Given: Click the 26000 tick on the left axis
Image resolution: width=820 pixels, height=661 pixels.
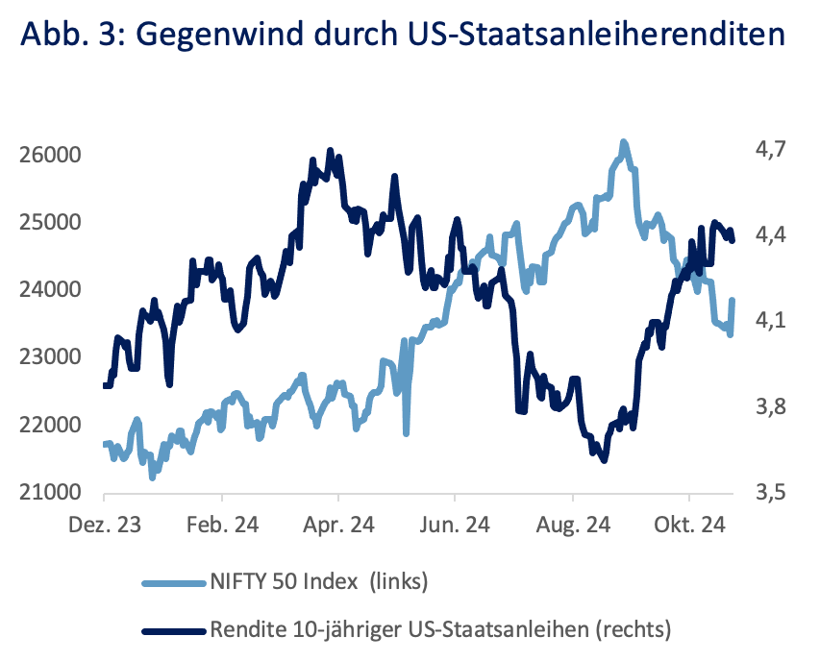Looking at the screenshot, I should (x=50, y=155).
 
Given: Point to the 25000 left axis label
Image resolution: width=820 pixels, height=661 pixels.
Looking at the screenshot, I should (x=50, y=222).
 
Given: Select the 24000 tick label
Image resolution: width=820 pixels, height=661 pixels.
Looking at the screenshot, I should (x=50, y=289).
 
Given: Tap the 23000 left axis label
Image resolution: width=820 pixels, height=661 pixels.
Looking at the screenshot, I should (x=50, y=357).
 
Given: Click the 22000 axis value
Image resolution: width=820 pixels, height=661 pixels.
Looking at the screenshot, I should (x=50, y=425).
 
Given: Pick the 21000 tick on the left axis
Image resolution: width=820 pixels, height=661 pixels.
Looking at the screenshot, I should (x=50, y=493).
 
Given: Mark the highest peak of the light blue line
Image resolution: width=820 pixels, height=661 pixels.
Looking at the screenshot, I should (x=623, y=142).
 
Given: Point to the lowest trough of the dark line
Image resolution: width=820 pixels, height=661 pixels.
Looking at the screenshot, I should (x=604, y=460).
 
